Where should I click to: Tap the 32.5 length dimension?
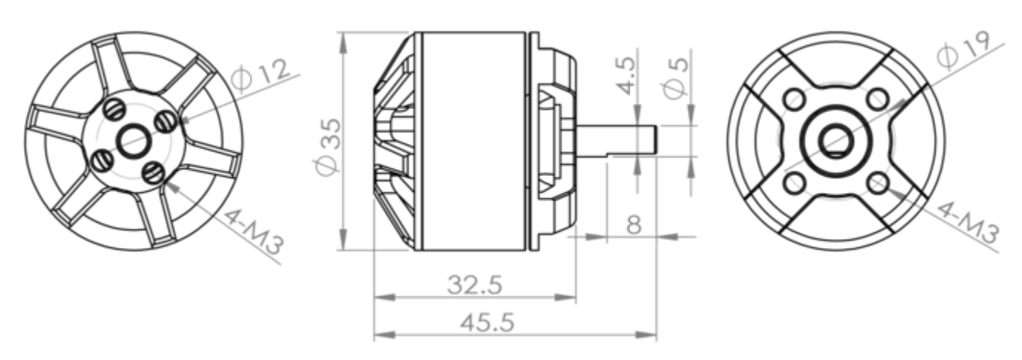coord(475,284)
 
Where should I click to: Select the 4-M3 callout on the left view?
coord(253,231)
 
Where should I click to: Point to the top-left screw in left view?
coord(114,108)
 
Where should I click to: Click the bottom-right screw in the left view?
coord(154,174)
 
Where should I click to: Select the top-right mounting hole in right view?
coord(878,98)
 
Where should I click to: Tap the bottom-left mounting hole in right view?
coord(795,181)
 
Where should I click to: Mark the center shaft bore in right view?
coord(836,140)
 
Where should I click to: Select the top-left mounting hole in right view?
coord(795,98)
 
